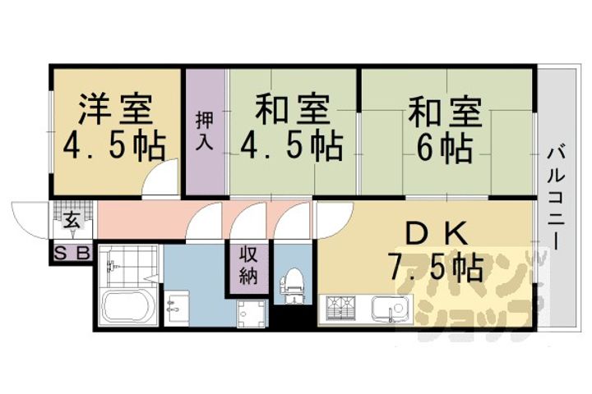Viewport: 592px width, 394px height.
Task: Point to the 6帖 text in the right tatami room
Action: coord(443,148)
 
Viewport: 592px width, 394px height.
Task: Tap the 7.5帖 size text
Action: coord(436,267)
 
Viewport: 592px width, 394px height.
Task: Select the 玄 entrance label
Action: coord(72,221)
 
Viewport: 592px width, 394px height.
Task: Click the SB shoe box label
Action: coord(72,254)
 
